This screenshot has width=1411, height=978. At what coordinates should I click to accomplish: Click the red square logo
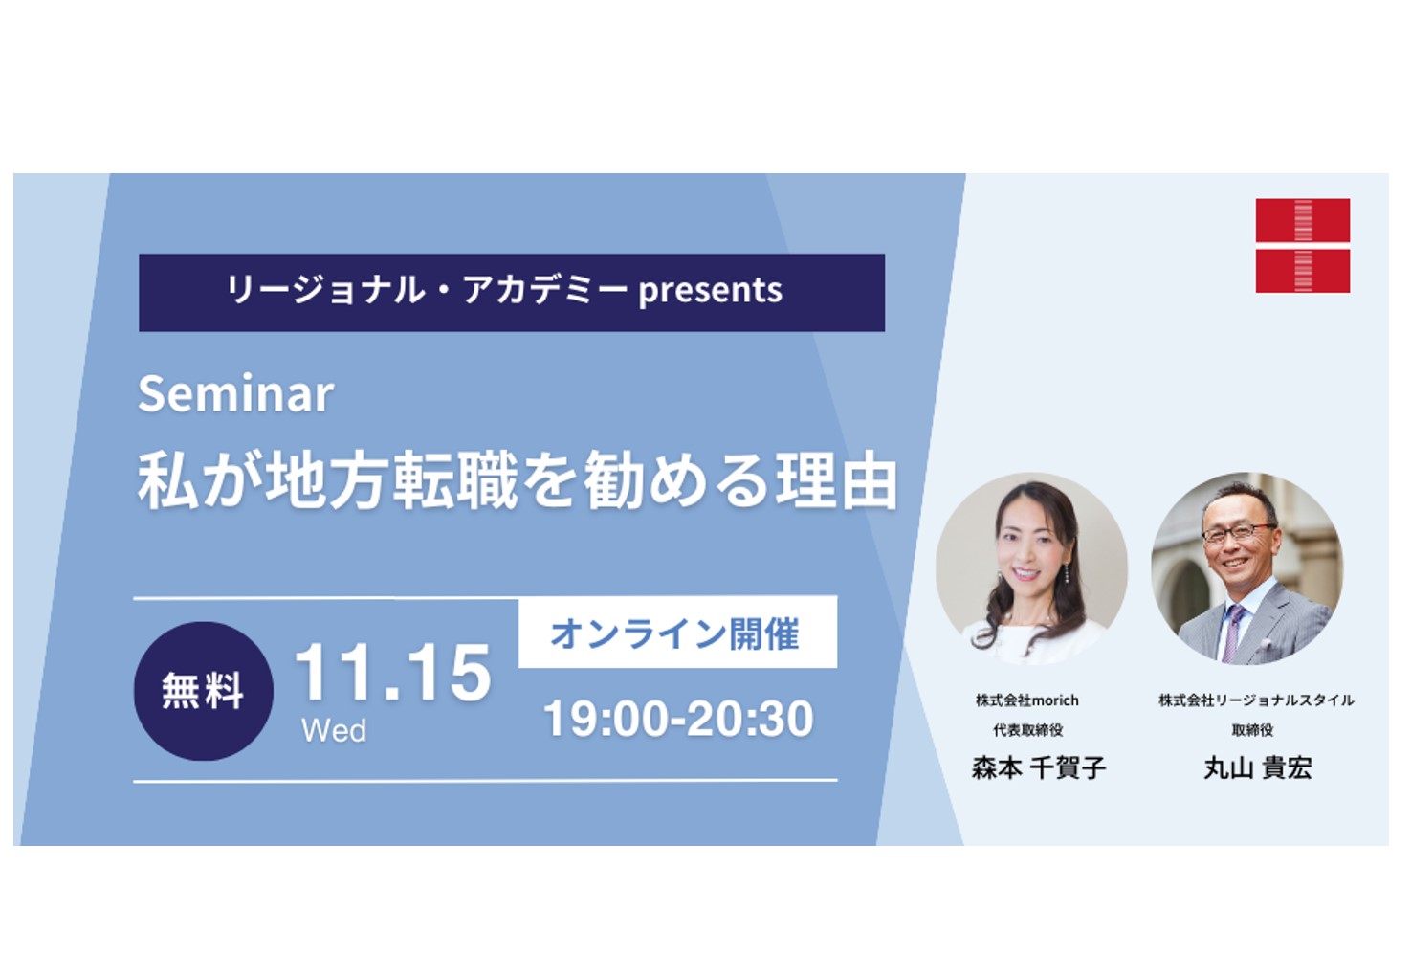(x=1303, y=246)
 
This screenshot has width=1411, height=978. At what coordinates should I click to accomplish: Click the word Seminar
(x=235, y=394)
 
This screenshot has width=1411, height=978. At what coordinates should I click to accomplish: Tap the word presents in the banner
(x=711, y=291)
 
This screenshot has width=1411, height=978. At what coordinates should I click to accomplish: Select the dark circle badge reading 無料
(x=204, y=691)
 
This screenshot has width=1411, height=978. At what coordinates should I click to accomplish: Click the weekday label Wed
(x=334, y=730)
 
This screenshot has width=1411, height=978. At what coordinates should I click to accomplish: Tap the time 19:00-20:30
(x=678, y=719)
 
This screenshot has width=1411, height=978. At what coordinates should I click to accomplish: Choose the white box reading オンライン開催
(x=678, y=632)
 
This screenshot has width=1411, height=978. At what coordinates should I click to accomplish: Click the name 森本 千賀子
(x=1039, y=767)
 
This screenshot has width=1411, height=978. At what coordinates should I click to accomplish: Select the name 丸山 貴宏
(x=1257, y=767)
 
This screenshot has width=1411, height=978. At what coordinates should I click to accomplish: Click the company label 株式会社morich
(x=1027, y=700)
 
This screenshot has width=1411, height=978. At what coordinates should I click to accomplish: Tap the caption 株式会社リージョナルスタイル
(x=1256, y=700)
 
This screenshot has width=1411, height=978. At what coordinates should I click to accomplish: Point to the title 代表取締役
(x=1028, y=730)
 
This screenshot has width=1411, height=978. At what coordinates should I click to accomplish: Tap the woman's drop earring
(x=1066, y=574)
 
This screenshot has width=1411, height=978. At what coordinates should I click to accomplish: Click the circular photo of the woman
(x=1031, y=568)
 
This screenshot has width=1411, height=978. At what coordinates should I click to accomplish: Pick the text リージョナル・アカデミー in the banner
(x=427, y=291)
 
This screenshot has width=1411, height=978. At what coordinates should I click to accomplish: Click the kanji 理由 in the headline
(x=836, y=480)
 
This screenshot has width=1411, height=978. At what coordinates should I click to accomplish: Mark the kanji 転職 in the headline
(x=455, y=480)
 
